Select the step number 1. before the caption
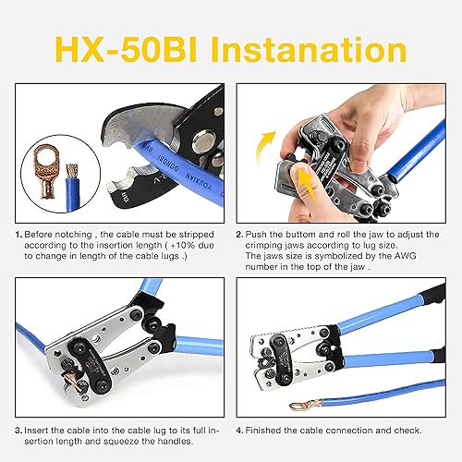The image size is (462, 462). click(x=18, y=236)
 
